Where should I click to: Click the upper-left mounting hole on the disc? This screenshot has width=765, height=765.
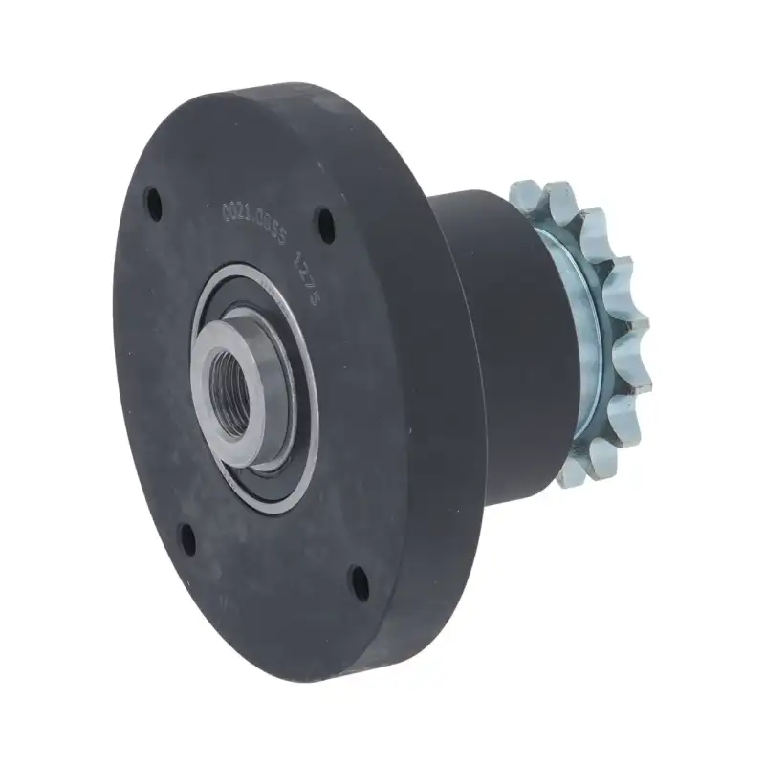tap(153, 202)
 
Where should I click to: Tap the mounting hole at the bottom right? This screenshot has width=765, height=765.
tap(359, 579)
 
